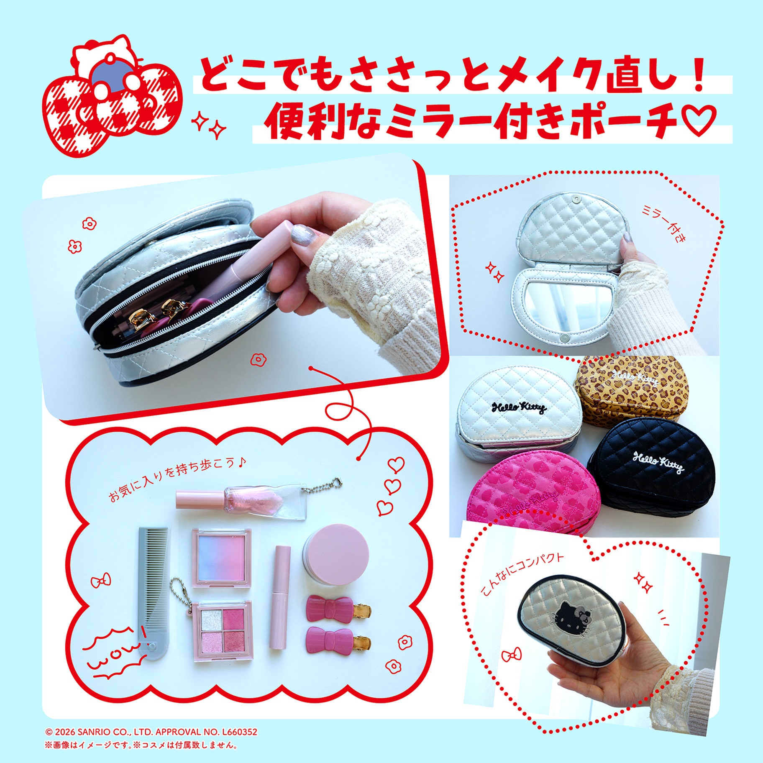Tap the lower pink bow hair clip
pos(339,640)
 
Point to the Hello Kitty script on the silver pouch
pos(519,406)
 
